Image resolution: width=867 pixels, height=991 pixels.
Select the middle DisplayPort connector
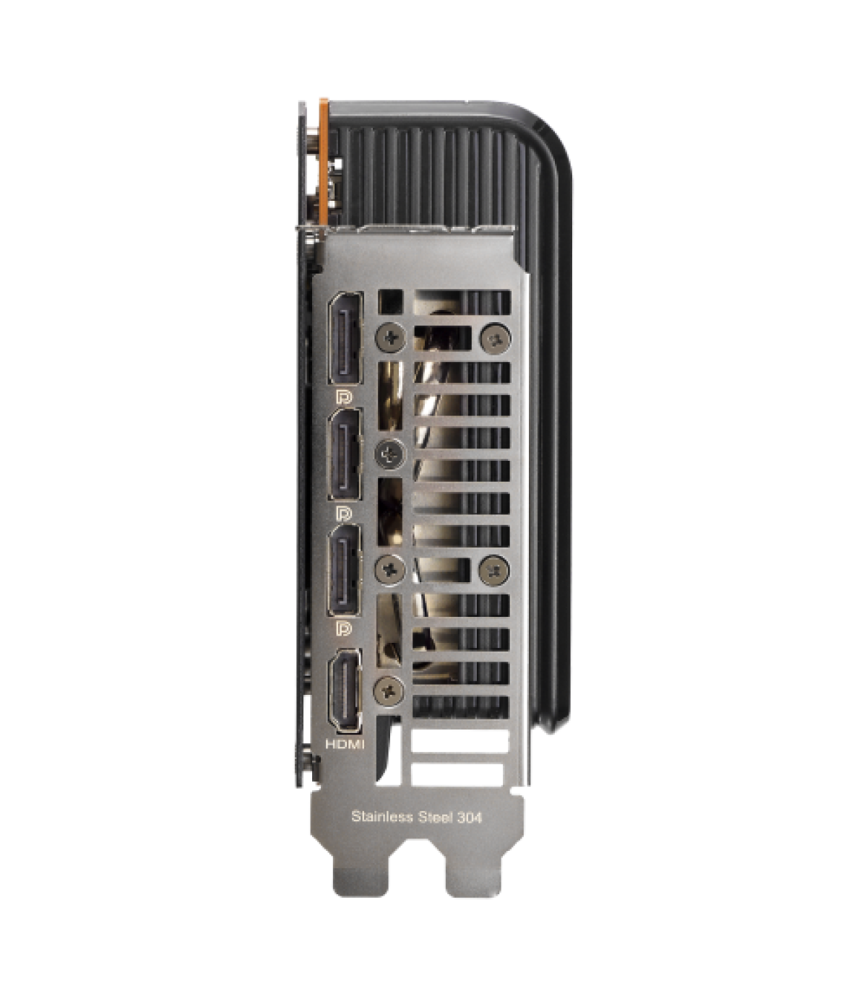click(x=345, y=454)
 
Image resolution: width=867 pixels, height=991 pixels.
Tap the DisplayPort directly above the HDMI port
click(x=345, y=570)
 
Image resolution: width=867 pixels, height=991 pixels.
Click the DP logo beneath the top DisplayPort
click(x=344, y=398)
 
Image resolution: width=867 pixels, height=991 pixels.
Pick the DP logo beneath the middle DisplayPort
click(x=344, y=514)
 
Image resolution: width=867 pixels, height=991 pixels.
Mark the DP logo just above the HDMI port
click(x=344, y=628)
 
